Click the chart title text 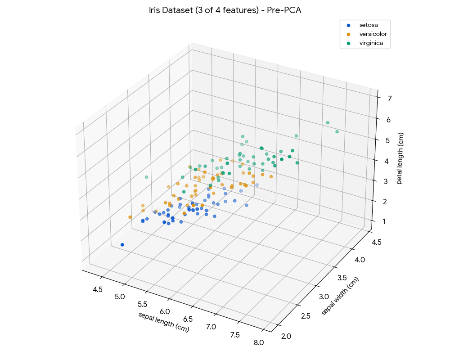225,10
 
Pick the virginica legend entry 371,44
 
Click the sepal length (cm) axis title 163,322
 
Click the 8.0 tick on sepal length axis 258,343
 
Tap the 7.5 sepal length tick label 234,335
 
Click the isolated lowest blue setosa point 122,245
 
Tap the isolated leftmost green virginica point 146,177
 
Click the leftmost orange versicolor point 130,217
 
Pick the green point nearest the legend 328,123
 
